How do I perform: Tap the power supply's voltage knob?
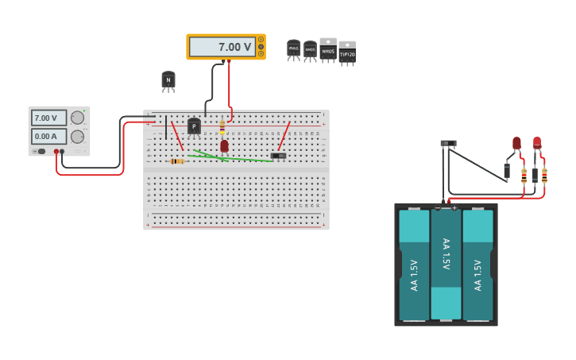[x=77, y=118]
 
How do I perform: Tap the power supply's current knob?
[x=77, y=136]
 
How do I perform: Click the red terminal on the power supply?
[x=56, y=151]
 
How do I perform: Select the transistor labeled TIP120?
[x=347, y=52]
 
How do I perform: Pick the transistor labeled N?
[x=168, y=79]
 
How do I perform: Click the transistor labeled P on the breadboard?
[x=194, y=126]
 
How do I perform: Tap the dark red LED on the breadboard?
[x=224, y=145]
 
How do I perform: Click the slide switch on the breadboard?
[x=278, y=155]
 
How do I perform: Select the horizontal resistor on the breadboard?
[x=177, y=161]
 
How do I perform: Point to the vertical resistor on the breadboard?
[x=222, y=126]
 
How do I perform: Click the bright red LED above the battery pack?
[x=537, y=143]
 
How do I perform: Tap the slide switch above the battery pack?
[x=448, y=144]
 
